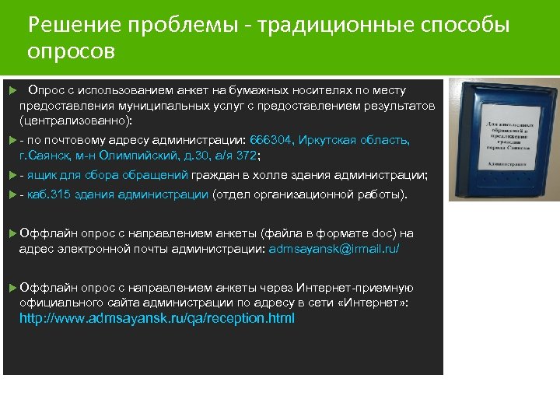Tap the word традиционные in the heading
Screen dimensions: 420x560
(307, 26)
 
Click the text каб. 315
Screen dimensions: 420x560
(48, 194)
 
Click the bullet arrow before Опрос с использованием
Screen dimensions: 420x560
(9, 91)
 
